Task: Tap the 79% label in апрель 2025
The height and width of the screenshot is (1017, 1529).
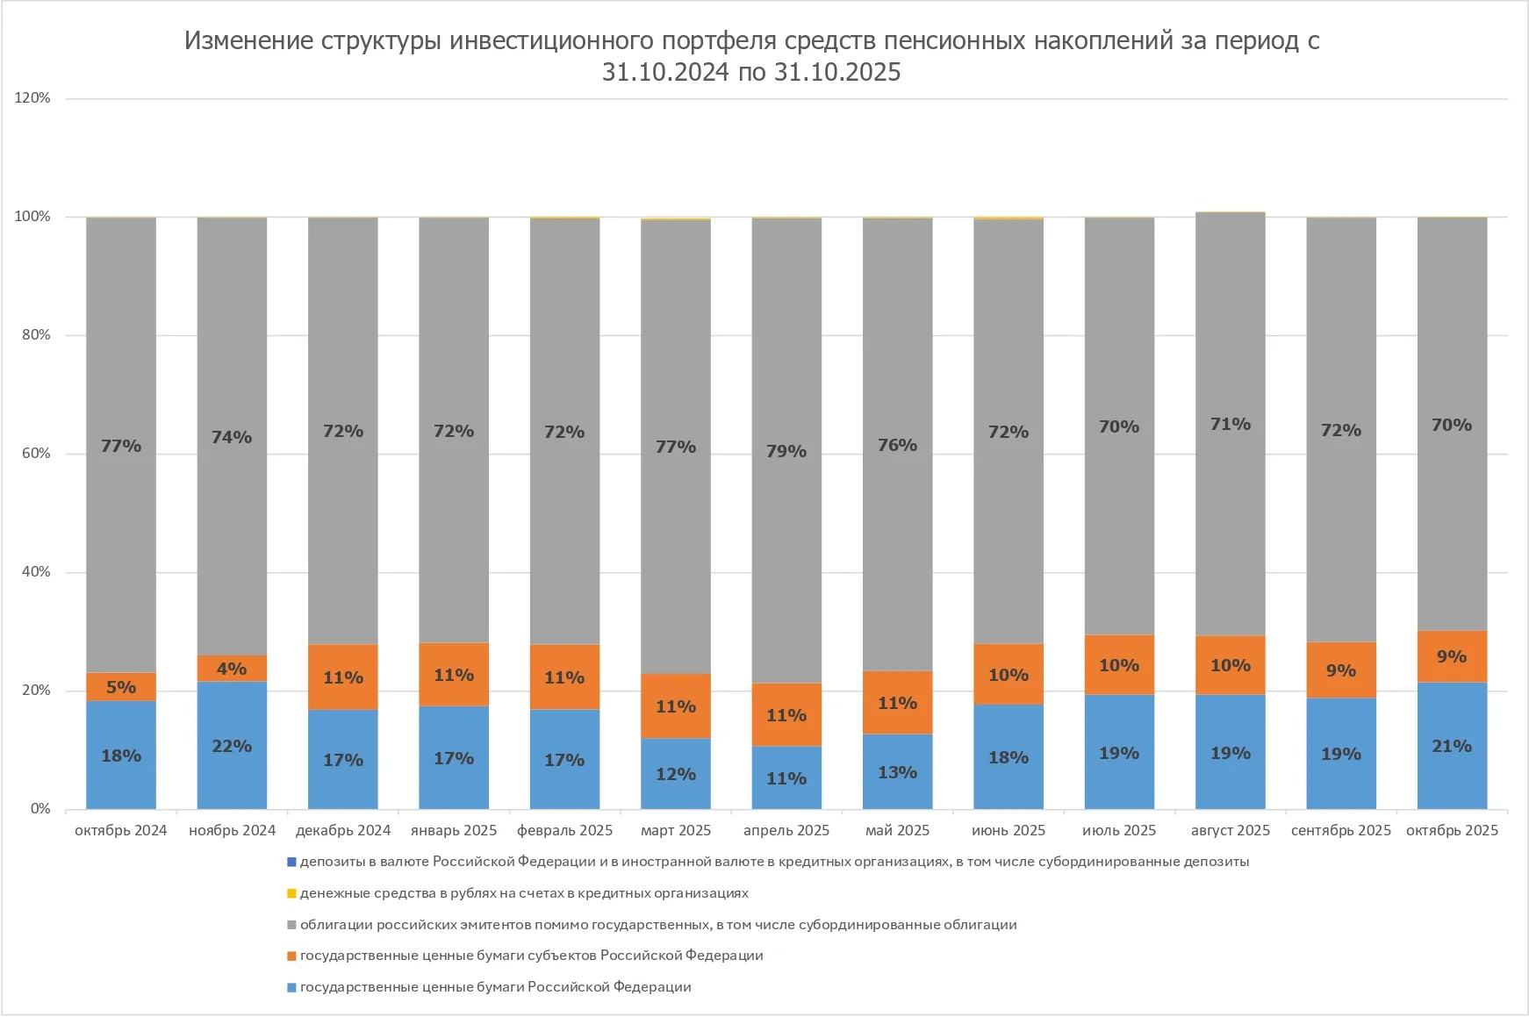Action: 786,451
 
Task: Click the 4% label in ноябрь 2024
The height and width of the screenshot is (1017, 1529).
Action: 232,669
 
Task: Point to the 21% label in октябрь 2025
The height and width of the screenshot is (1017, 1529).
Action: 1452,746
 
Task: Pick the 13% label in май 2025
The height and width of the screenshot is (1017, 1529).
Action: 897,772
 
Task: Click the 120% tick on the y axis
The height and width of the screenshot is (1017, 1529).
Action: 32,98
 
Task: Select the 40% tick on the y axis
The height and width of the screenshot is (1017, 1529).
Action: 36,572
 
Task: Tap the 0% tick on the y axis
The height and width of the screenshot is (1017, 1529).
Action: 40,809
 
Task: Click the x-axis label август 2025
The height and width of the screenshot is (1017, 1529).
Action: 1230,830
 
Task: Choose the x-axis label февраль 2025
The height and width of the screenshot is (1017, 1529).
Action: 564,830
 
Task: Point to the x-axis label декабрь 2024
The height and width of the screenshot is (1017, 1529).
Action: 342,830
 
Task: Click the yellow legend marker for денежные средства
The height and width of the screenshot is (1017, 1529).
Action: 291,893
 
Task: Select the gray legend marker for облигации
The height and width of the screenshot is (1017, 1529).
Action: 291,925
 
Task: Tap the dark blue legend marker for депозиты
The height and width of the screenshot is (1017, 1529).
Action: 291,862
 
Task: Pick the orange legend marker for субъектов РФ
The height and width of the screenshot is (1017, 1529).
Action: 291,956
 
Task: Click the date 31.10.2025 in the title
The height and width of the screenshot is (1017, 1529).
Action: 837,72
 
